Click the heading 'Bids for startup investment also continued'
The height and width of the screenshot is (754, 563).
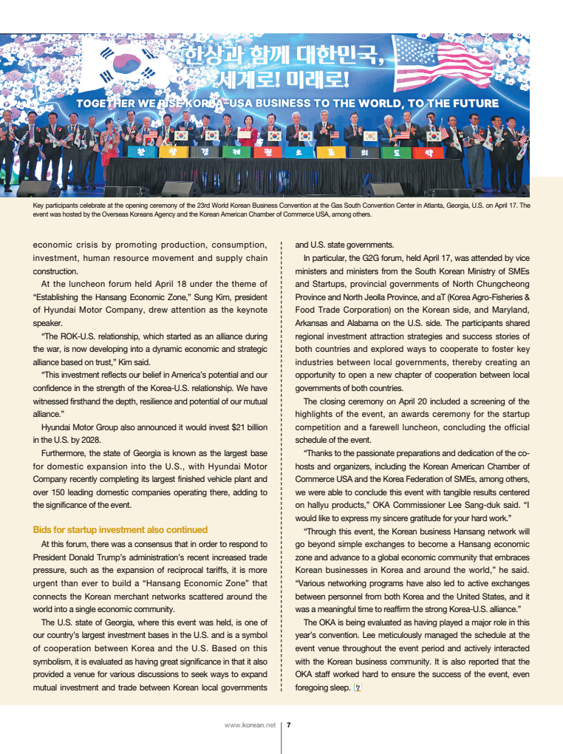120,530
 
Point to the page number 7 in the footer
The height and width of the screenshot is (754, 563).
288,725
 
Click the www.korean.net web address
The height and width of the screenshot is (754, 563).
250,725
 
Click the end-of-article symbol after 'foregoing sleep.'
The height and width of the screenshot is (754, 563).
358,687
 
